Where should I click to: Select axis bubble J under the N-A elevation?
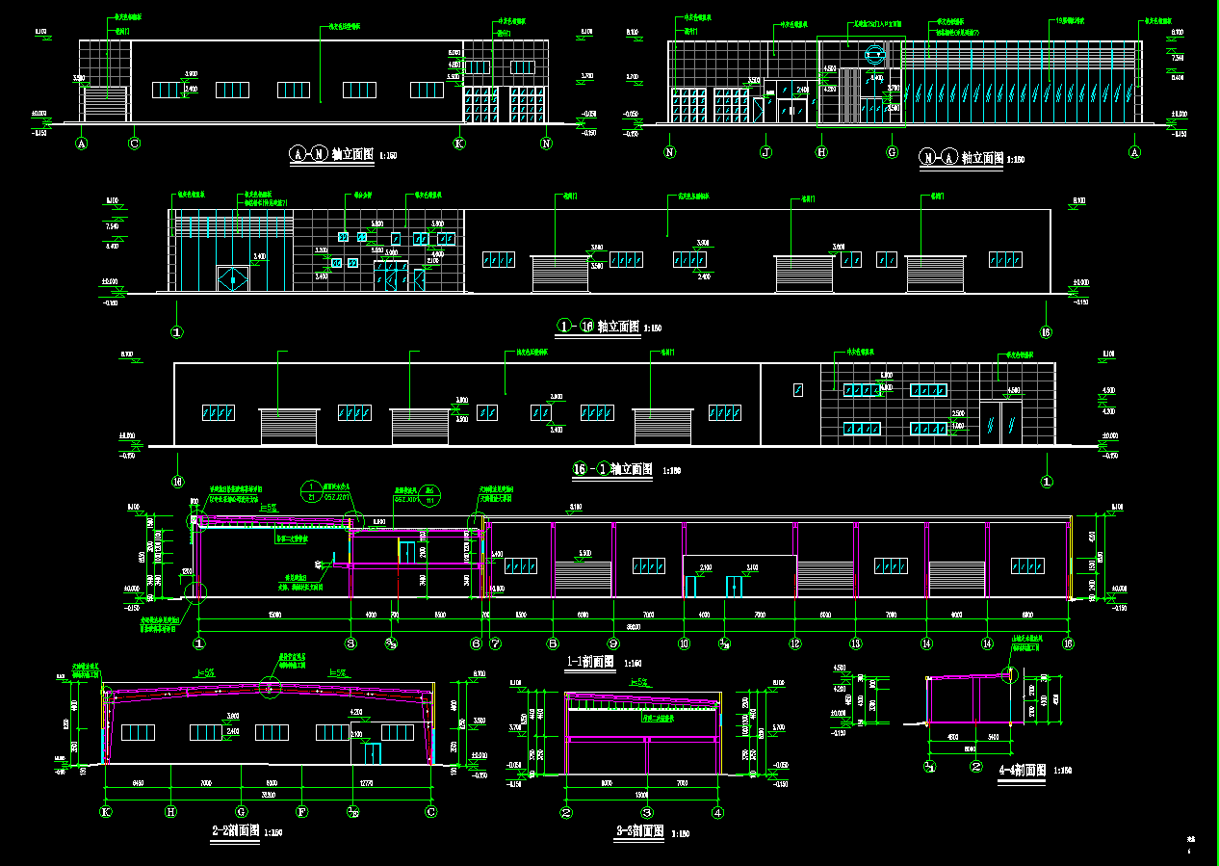tap(766, 152)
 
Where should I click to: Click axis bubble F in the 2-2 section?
tap(301, 812)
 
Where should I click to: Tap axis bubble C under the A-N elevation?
tap(135, 144)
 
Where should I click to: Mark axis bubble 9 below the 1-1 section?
tap(612, 643)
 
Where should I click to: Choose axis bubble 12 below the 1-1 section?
tap(795, 643)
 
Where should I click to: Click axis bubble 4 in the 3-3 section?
tap(717, 812)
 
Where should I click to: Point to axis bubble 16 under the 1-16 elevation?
tap(1046, 333)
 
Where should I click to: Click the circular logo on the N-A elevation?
tap(875, 56)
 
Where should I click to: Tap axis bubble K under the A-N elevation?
tap(459, 144)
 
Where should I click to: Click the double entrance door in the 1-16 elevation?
tap(232, 278)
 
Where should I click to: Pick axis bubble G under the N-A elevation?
tap(892, 152)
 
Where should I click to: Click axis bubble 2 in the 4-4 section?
tap(976, 768)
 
